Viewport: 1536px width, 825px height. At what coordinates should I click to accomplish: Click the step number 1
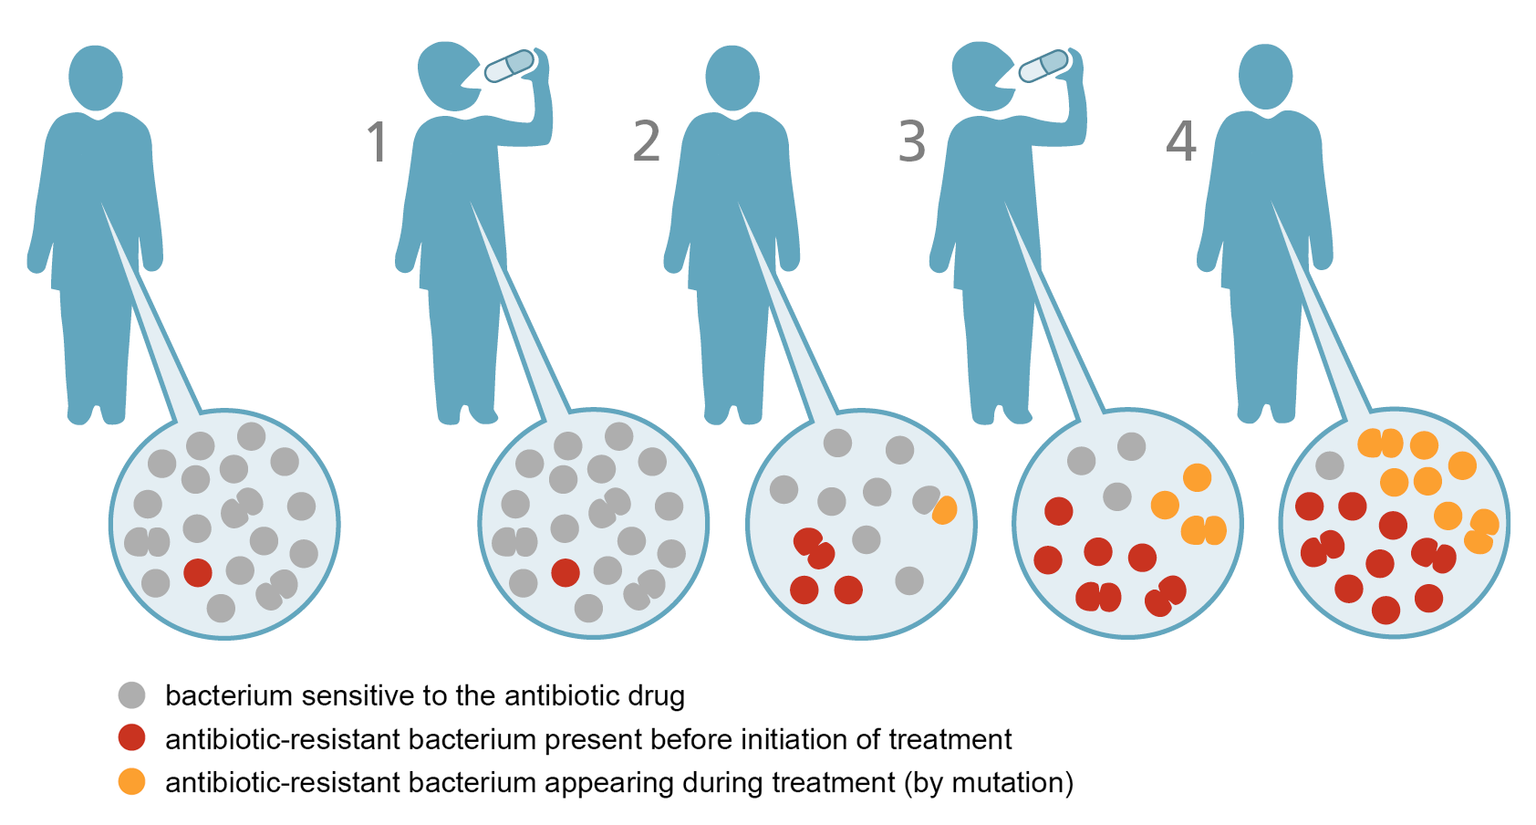[x=378, y=142]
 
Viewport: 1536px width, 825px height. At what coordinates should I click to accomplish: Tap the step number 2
[x=646, y=141]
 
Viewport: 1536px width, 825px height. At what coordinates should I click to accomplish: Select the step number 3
[x=912, y=141]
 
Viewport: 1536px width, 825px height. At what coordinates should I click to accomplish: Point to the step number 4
[x=1181, y=141]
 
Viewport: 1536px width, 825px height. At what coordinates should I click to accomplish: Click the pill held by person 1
[x=510, y=66]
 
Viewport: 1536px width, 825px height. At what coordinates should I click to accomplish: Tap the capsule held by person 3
[x=1043, y=66]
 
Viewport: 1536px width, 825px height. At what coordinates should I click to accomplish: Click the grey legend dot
[x=131, y=695]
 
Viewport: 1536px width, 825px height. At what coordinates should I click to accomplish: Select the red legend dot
[x=131, y=738]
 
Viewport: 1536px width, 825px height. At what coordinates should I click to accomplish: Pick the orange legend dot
[x=131, y=782]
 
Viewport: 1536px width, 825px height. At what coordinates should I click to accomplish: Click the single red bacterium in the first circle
[x=198, y=572]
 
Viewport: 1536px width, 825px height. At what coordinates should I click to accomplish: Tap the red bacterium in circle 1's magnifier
[x=566, y=572]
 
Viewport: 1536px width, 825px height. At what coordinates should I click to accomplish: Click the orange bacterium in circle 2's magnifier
[x=945, y=510]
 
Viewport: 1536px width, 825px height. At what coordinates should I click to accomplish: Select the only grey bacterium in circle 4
[x=1330, y=465]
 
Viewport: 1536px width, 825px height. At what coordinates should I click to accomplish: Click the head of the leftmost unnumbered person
[x=96, y=78]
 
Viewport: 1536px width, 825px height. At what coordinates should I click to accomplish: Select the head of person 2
[x=732, y=78]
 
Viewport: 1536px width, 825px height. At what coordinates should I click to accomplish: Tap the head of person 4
[x=1266, y=77]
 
